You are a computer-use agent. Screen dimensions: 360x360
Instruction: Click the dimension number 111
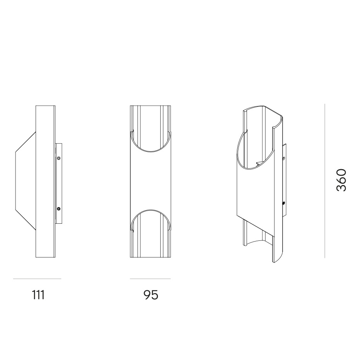38,295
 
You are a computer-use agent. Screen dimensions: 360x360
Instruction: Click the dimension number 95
151,295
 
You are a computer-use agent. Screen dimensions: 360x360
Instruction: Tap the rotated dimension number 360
341,180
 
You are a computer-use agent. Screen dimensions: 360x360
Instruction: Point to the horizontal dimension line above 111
37,279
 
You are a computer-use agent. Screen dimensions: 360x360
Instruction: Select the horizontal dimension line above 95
150,279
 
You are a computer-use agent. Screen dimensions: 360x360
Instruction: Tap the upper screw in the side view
58,158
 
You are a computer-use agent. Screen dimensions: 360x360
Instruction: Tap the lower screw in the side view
58,209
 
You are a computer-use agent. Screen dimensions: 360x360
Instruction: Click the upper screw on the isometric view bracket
284,158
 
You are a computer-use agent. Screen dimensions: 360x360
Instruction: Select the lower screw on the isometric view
284,203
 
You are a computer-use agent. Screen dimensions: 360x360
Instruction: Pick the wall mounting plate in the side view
58,183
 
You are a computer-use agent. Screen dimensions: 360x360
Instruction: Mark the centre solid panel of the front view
150,181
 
